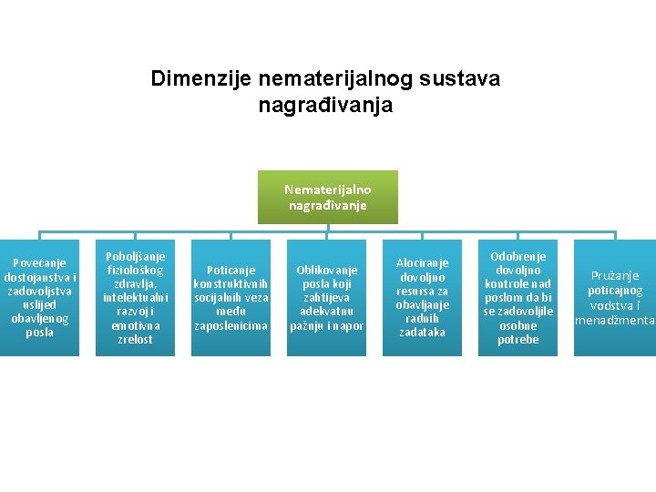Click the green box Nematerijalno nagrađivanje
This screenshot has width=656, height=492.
(x=327, y=197)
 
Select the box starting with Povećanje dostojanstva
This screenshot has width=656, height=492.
(x=39, y=297)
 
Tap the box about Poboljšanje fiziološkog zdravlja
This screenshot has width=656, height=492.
(x=137, y=297)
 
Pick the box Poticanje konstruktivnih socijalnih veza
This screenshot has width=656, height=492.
(x=231, y=297)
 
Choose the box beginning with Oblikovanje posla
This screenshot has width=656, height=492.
(x=327, y=297)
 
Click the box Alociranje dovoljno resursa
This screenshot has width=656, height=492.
(x=423, y=297)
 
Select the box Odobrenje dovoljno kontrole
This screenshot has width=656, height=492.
(x=518, y=297)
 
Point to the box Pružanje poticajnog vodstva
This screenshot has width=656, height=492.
(x=615, y=297)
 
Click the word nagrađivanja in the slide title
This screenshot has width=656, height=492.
(x=325, y=106)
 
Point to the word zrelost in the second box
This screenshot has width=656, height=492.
(x=137, y=340)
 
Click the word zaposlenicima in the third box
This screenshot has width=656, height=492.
(x=231, y=325)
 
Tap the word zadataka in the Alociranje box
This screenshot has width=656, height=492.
(x=423, y=333)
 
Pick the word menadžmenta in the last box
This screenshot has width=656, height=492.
(x=615, y=320)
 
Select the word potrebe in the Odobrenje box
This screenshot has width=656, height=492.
(x=518, y=340)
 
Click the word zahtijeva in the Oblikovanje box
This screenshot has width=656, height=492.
(x=327, y=298)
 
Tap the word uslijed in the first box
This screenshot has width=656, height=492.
(x=39, y=305)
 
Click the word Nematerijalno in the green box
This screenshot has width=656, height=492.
(x=327, y=190)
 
